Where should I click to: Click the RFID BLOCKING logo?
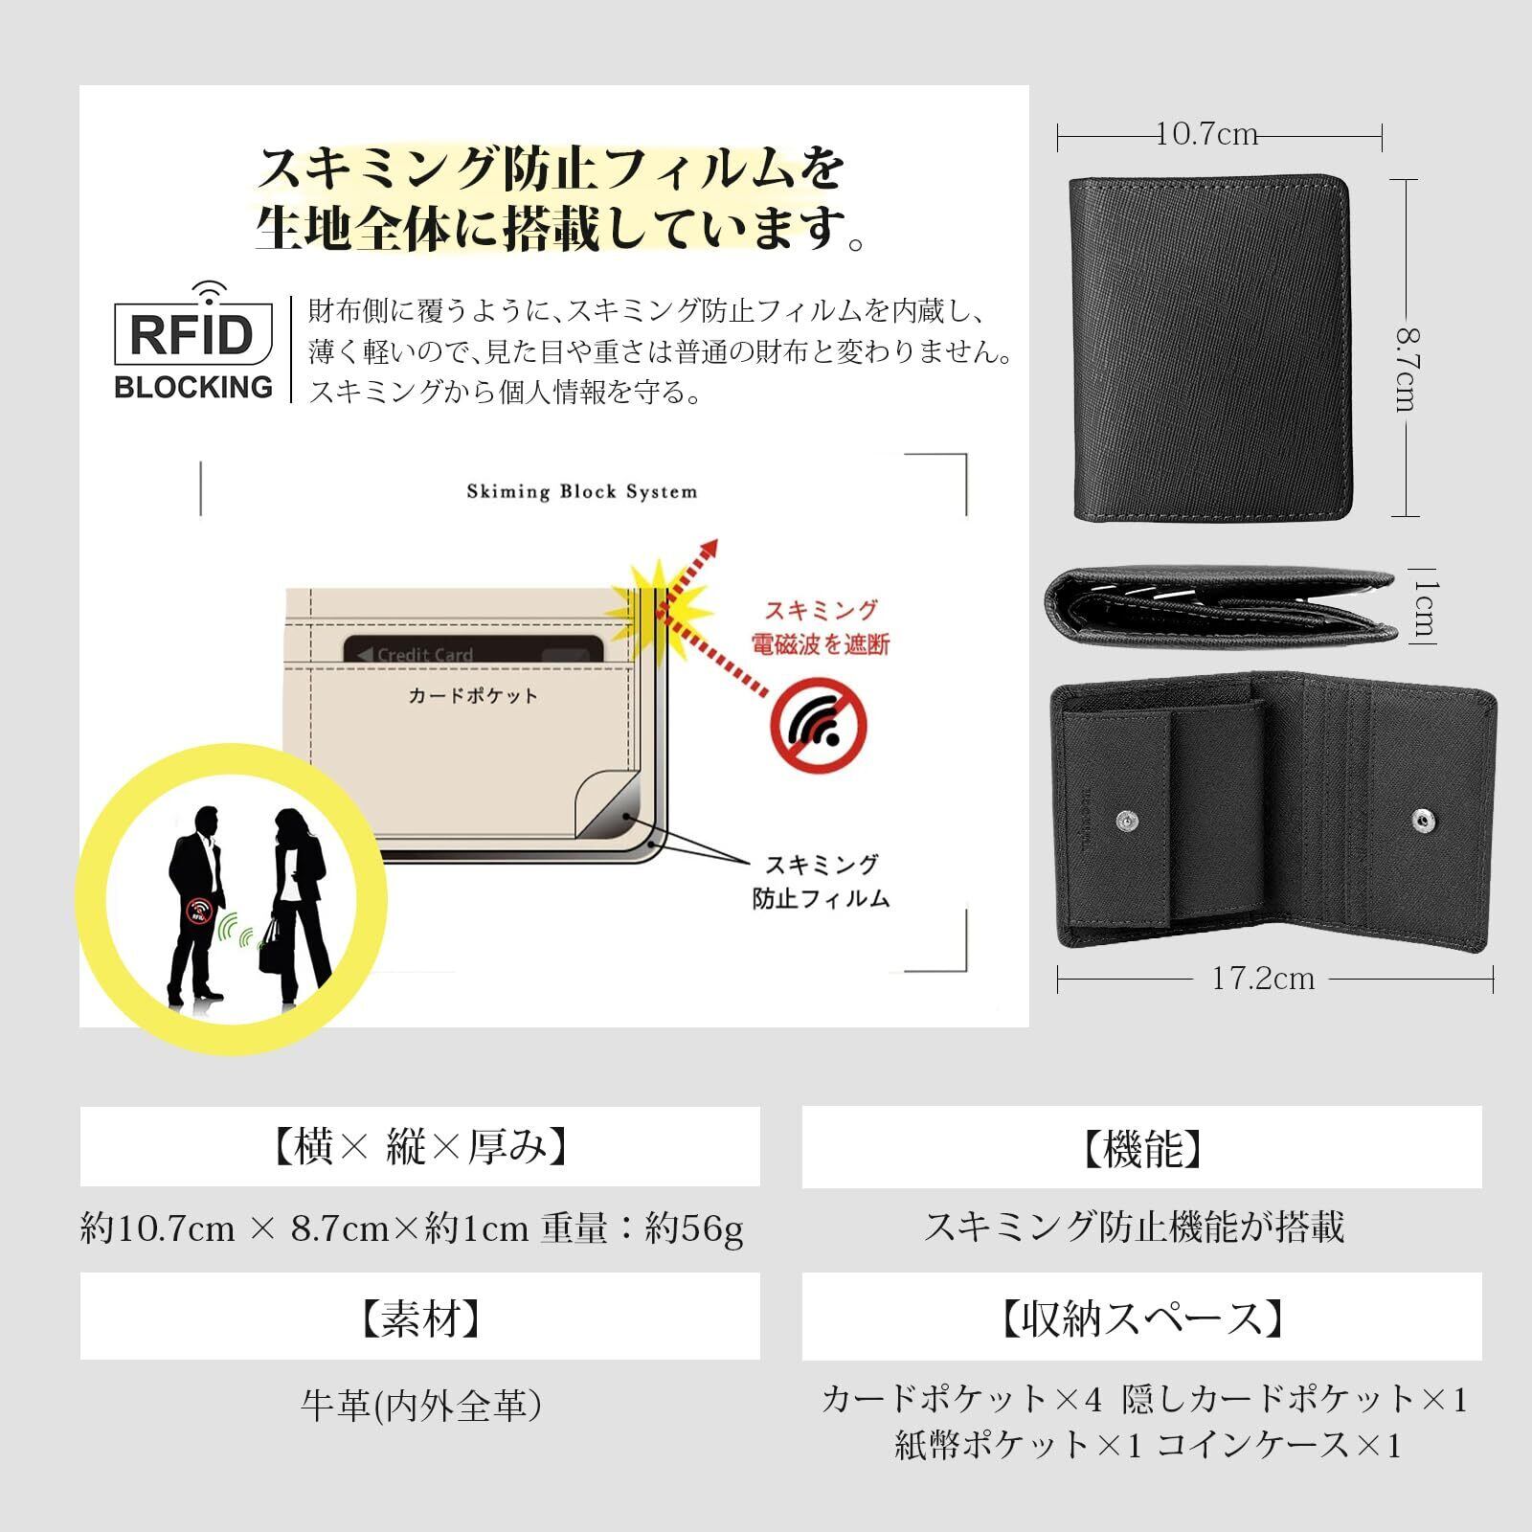coord(193,341)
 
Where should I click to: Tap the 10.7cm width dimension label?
coord(1206,134)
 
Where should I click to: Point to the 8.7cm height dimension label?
coord(1406,370)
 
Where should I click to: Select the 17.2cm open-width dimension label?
coord(1263,979)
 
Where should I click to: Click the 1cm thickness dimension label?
coord(1424,607)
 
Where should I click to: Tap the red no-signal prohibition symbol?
coord(819,726)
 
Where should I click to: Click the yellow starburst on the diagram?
coord(659,607)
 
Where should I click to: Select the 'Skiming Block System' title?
coord(582,492)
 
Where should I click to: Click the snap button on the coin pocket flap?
coord(1129,821)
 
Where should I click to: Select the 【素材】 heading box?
coord(420,1317)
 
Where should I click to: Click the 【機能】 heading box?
coord(1141,1147)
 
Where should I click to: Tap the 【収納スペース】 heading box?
coord(1141,1317)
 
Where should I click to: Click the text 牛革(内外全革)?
coord(421,1405)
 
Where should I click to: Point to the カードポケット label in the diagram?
coord(473,696)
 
